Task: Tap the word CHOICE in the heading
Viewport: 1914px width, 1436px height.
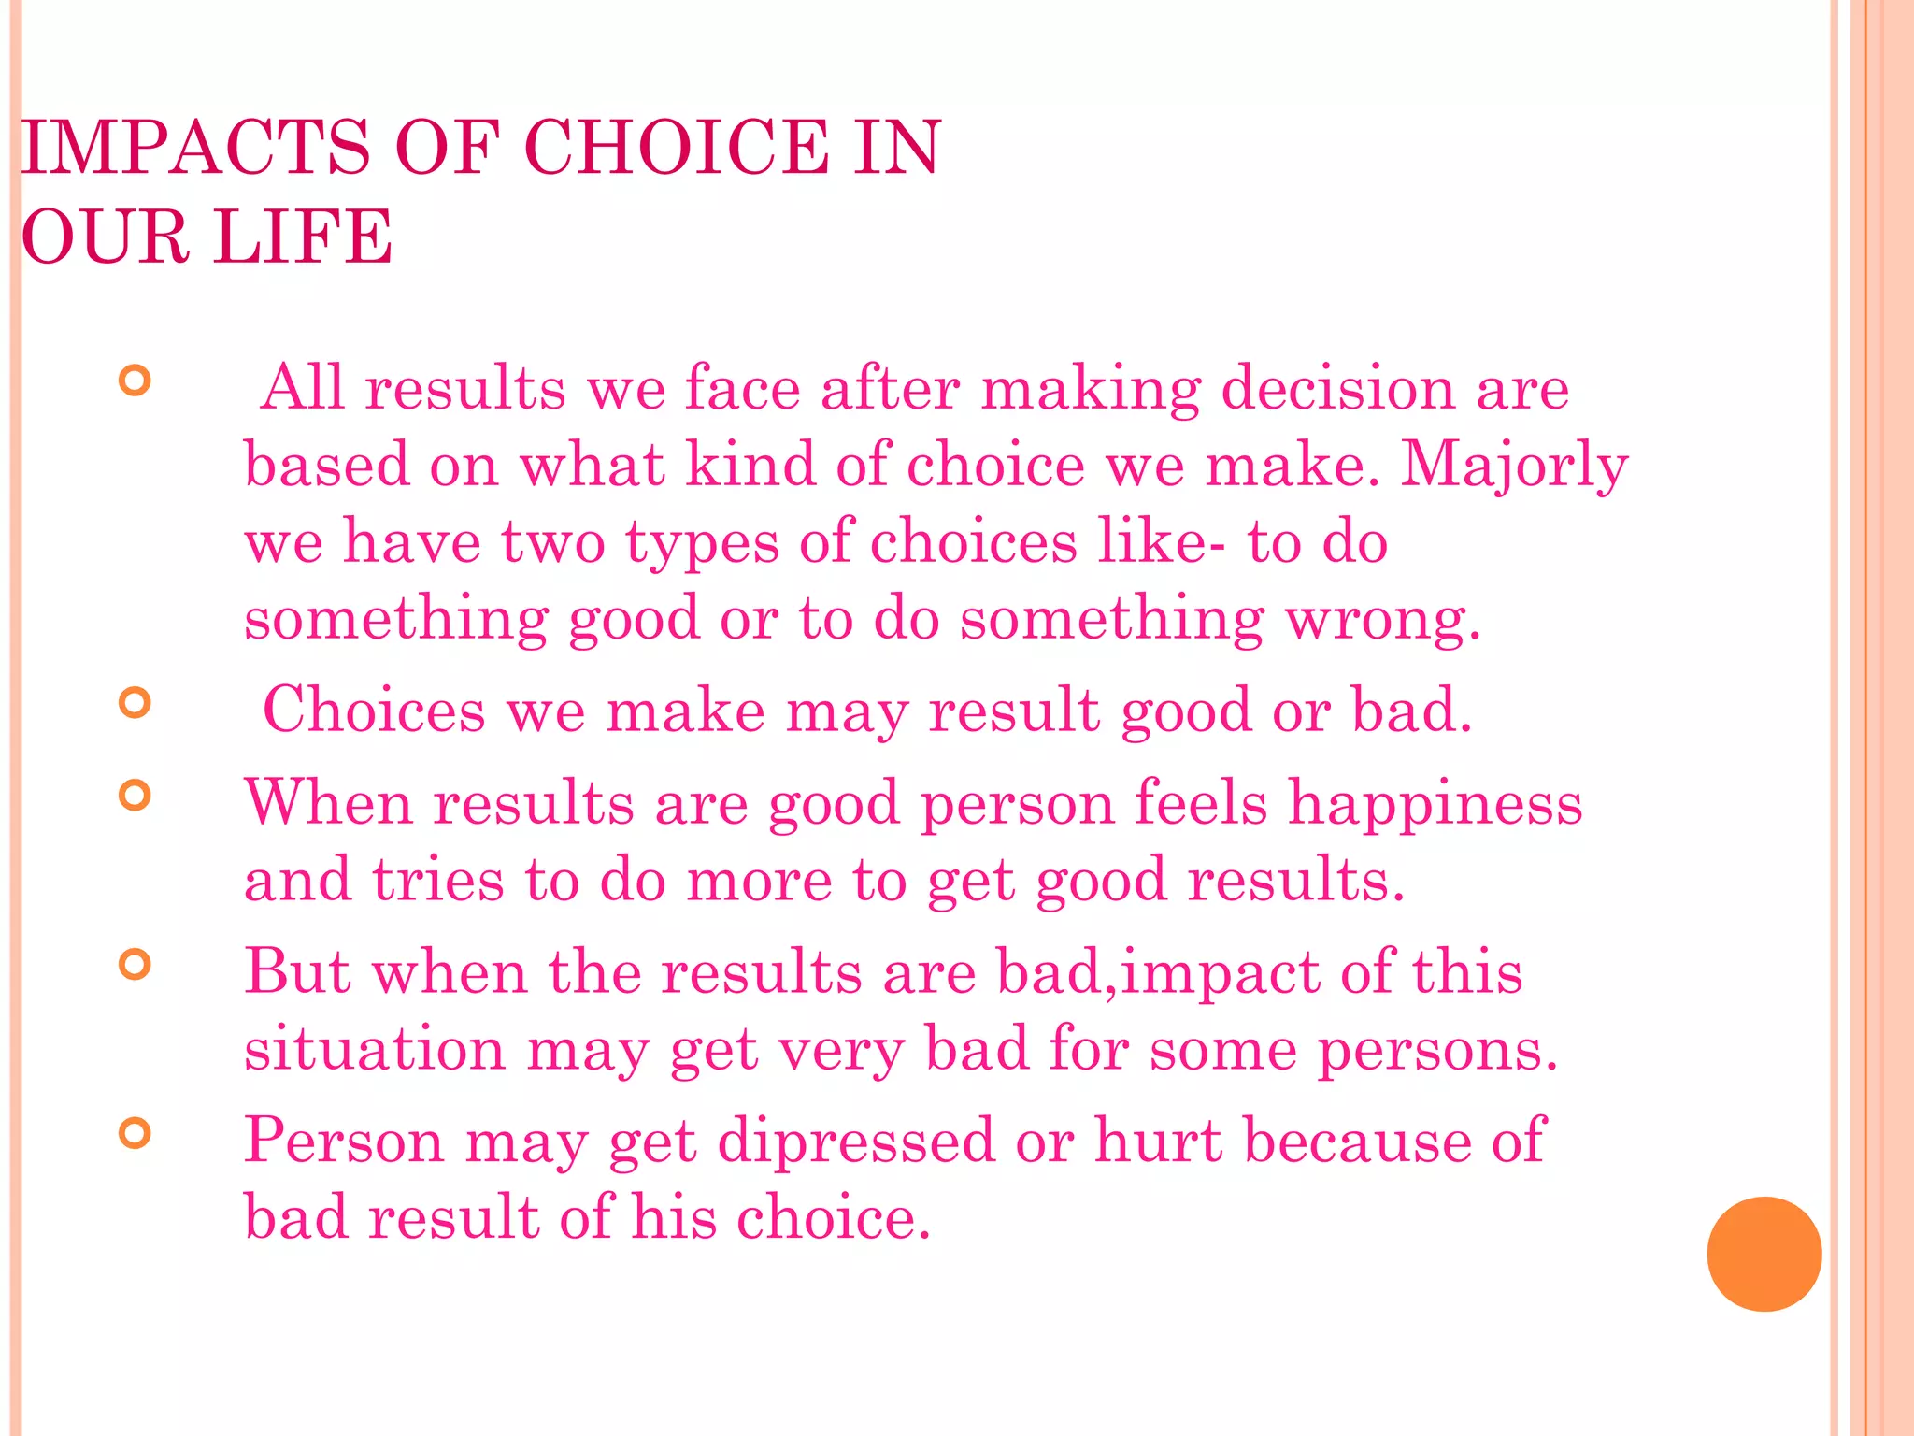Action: [676, 148]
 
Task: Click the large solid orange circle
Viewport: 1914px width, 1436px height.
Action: [1764, 1254]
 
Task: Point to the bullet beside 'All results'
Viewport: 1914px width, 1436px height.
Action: [136, 381]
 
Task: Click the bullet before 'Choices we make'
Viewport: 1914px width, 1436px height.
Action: [136, 702]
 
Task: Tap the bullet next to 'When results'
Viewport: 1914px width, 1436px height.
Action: [136, 796]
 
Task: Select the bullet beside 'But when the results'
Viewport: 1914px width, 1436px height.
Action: [136, 964]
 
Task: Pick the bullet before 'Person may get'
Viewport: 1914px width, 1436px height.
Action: [136, 1133]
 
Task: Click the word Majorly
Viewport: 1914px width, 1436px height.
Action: [1514, 466]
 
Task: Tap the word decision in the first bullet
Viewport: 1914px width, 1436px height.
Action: [1337, 388]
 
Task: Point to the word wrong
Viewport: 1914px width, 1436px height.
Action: [1382, 619]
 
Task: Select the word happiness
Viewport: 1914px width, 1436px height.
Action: [1435, 804]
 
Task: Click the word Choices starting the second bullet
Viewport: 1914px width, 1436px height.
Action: [374, 711]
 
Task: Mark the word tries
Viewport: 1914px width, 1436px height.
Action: [438, 881]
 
